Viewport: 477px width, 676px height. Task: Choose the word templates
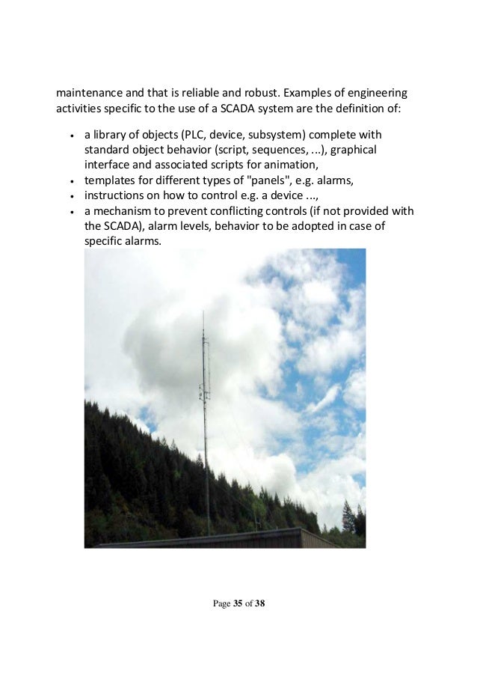tap(111, 180)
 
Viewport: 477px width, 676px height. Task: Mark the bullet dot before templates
tap(70, 181)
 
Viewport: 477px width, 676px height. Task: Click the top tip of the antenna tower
tap(203, 313)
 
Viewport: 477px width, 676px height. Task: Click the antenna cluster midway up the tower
tap(203, 389)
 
